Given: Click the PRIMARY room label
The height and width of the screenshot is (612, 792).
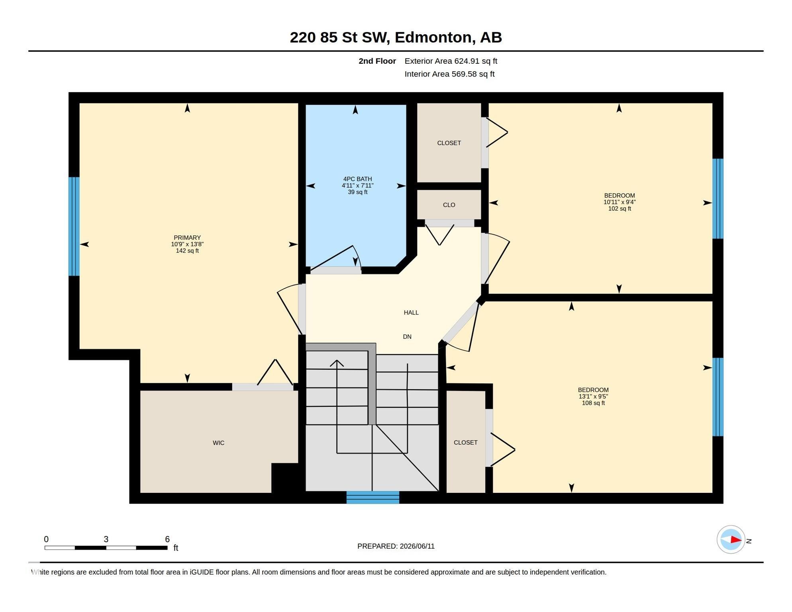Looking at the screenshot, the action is [x=187, y=237].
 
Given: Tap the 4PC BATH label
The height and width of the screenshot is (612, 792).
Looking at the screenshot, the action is [x=357, y=179].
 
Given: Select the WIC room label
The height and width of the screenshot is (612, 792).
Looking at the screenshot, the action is [x=218, y=443].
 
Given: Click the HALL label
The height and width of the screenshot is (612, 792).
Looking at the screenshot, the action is [x=411, y=312].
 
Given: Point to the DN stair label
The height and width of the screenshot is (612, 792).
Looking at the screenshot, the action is [x=407, y=337].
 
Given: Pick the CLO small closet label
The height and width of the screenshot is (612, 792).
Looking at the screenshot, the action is [x=449, y=205].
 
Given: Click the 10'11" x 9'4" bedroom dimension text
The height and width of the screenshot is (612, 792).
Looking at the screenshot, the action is [x=619, y=202].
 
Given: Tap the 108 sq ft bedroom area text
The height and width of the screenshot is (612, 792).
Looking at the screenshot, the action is [x=593, y=403].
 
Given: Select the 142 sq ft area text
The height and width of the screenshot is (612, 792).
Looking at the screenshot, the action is [x=187, y=251].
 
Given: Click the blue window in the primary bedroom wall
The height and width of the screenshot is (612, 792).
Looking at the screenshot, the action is [x=74, y=226].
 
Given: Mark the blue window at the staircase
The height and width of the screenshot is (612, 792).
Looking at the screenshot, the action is [x=373, y=497].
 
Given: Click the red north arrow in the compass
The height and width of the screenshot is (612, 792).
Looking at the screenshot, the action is [x=736, y=540].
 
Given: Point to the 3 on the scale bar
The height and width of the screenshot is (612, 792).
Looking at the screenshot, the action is [x=106, y=539].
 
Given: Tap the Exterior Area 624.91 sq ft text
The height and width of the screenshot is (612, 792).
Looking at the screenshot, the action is [x=451, y=61].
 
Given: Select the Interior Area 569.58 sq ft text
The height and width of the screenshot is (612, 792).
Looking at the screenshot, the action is [x=449, y=74].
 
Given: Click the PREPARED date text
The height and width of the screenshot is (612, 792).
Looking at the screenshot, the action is [x=396, y=546].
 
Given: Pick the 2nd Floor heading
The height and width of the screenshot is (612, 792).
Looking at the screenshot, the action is [x=377, y=61].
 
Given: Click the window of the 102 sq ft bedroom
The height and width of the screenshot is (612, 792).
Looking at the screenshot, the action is [x=718, y=199].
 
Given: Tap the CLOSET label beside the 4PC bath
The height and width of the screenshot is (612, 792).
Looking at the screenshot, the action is [x=449, y=143].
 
